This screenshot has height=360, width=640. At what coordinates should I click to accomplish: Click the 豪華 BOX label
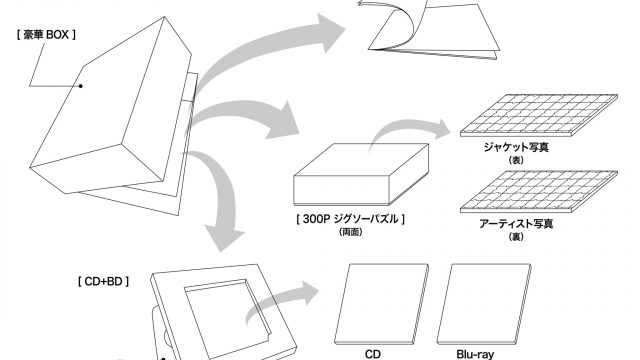point(46,35)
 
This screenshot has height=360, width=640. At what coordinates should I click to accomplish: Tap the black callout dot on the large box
point(81,86)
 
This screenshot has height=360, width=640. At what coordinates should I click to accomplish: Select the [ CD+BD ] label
point(103,281)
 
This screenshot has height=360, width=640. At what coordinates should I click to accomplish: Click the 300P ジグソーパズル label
point(350,219)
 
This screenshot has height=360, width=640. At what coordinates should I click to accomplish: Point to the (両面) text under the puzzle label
point(351,232)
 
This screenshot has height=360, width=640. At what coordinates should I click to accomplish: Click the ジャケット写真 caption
point(516,147)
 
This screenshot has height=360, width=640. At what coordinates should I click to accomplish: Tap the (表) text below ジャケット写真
point(516,160)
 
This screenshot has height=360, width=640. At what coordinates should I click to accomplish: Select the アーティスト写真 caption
point(516,224)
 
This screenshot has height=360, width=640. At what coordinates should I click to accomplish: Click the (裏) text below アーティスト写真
point(516,237)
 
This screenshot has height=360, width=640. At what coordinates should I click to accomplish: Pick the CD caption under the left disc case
point(373,354)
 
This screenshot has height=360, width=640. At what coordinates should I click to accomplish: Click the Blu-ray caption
point(475,354)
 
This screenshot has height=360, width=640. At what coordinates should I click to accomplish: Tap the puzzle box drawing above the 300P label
point(361,174)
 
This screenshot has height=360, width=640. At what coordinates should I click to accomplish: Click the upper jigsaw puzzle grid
point(539,115)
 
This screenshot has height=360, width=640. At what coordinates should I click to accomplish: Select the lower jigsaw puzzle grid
point(539,191)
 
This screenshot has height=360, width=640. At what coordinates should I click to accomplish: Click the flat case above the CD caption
point(382,304)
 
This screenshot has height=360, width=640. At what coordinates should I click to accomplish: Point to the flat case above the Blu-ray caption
point(484,304)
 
